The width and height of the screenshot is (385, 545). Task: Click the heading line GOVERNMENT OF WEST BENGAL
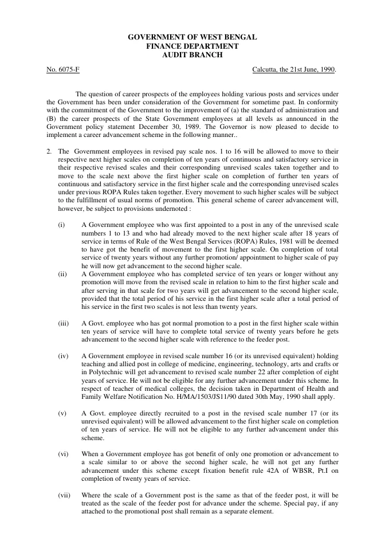pos(192,37)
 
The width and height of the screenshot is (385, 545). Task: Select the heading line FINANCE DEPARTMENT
pos(192,46)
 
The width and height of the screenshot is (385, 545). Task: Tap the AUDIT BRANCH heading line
pos(192,54)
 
